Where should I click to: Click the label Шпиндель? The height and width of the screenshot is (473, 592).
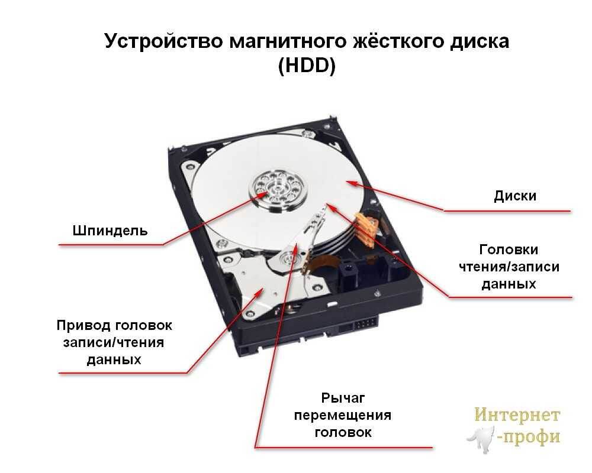pyautogui.click(x=110, y=230)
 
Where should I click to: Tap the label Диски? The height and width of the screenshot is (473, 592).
pyautogui.click(x=515, y=196)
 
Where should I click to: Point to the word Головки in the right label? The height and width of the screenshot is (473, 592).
pyautogui.click(x=509, y=250)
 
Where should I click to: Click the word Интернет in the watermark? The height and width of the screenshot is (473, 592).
pyautogui.click(x=517, y=415)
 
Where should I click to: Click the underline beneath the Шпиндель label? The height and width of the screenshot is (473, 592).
pyautogui.click(x=110, y=244)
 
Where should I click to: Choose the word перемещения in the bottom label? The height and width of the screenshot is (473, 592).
pyautogui.click(x=343, y=415)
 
